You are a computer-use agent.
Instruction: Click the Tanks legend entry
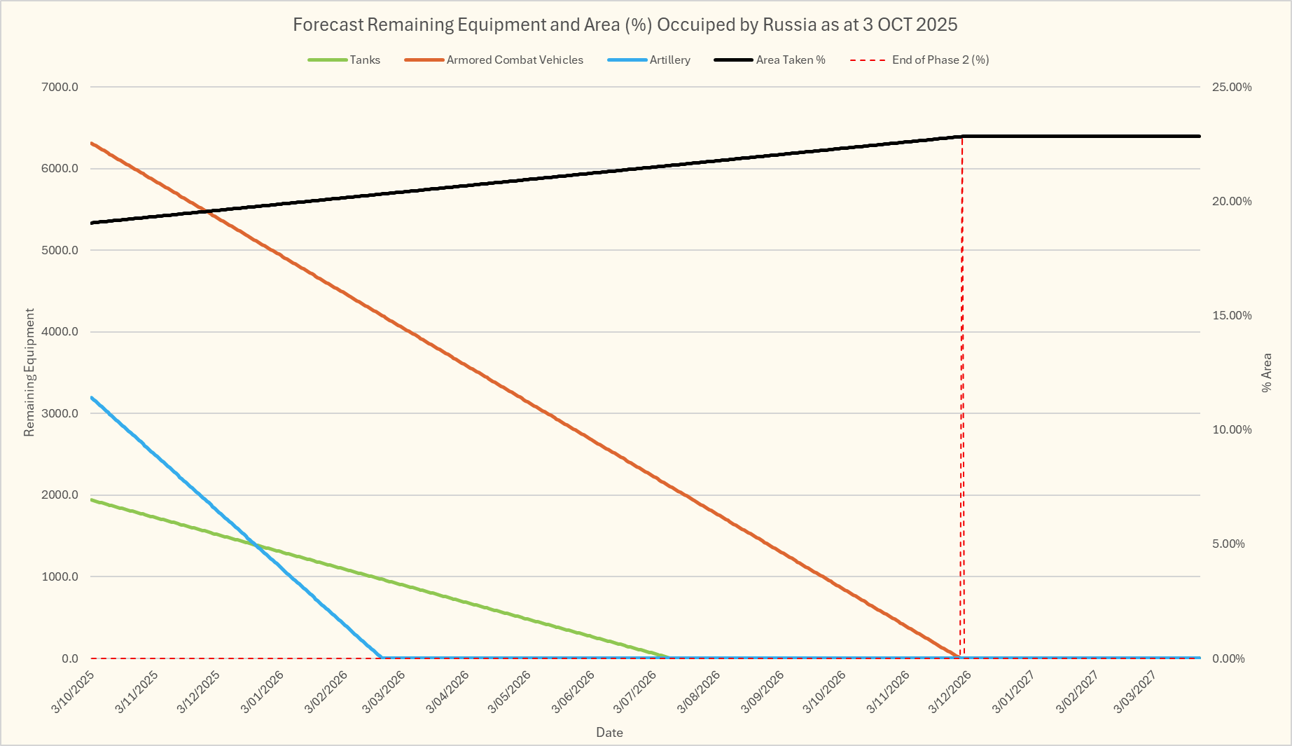coord(365,60)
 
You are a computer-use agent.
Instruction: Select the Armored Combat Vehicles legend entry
coord(514,60)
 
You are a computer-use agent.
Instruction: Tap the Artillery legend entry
coord(669,60)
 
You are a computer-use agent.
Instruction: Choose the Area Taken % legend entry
coord(790,60)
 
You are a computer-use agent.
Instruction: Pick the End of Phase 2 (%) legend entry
coord(940,60)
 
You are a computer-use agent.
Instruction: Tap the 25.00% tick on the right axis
coord(1232,88)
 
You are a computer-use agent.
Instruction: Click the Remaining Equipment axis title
coord(29,373)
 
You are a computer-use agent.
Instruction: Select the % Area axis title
coord(1266,373)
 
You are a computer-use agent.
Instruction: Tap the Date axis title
coord(609,733)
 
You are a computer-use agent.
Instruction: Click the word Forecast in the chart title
coord(327,25)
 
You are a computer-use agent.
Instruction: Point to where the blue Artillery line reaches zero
coord(382,658)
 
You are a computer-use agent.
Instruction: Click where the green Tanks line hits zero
coord(669,658)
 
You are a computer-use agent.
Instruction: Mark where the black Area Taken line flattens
coord(962,136)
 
